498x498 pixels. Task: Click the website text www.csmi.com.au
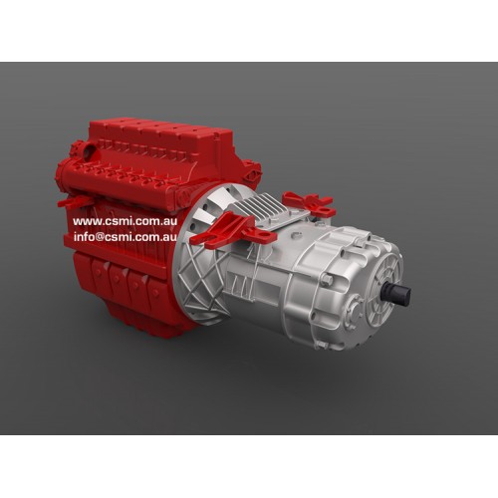[125, 221]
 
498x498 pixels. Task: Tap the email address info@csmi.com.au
[125, 237]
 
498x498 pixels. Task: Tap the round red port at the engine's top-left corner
[86, 151]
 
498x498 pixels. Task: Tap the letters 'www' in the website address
[87, 221]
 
